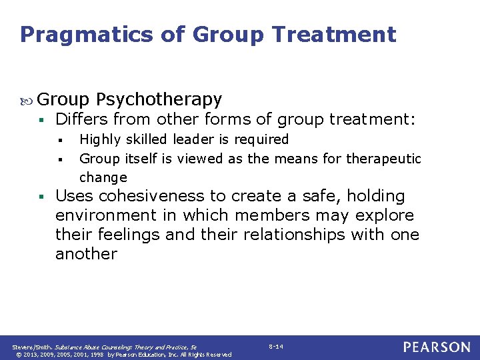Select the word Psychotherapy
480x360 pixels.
tap(159, 100)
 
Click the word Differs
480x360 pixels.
tap(81, 120)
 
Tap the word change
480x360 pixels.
tap(103, 177)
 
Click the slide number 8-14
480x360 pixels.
tap(276, 347)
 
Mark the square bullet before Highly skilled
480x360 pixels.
tap(60, 140)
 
